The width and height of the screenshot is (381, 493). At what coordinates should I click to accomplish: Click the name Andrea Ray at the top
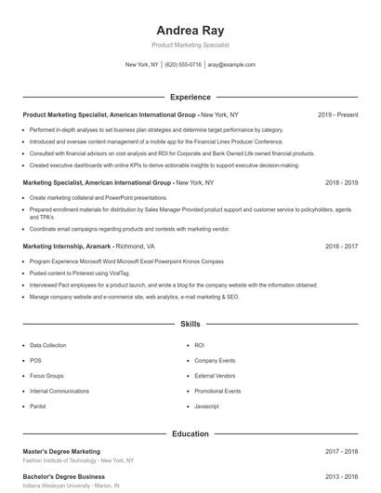190,29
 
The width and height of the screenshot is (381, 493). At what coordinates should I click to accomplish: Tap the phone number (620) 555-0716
183,65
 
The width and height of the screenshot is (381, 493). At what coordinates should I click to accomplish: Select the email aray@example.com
231,65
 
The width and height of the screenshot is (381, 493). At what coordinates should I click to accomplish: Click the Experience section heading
190,97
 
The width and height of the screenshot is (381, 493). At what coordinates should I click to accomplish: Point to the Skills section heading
190,325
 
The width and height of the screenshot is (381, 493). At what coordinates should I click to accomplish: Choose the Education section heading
190,433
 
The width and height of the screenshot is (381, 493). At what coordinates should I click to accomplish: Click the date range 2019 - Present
337,114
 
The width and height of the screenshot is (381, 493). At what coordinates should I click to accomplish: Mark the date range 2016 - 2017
341,246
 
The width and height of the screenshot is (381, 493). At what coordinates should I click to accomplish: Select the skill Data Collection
48,345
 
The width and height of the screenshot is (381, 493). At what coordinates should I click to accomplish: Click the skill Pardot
39,406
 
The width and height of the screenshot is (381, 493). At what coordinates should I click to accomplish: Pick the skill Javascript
206,406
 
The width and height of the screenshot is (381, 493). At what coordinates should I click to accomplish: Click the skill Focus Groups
46,376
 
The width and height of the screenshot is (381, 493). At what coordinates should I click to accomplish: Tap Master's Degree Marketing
61,451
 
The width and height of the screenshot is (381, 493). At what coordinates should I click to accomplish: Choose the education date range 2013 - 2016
341,477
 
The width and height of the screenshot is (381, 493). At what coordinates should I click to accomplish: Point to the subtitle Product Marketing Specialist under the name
190,45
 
